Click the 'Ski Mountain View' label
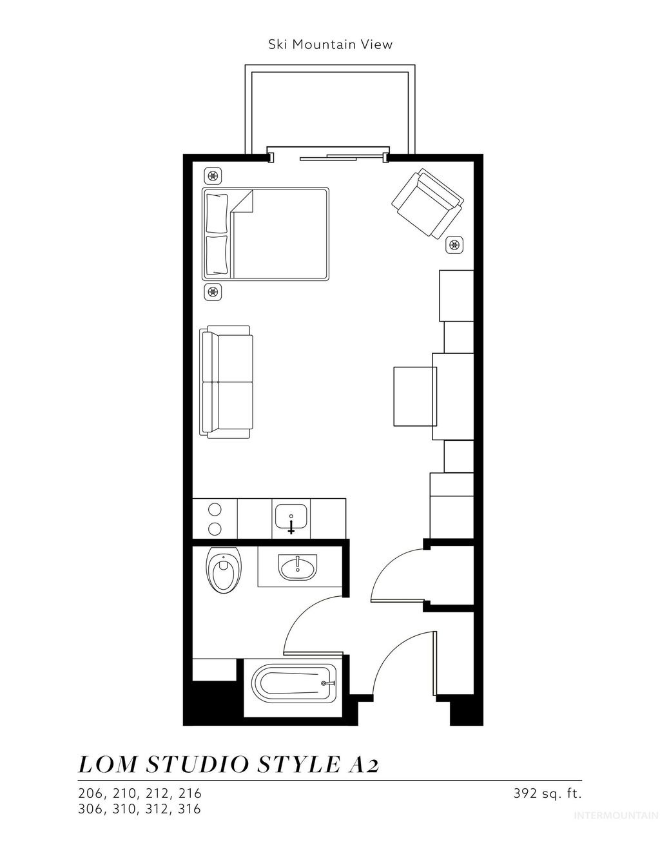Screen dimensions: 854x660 tap(330, 44)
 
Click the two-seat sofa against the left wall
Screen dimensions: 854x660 tap(227, 382)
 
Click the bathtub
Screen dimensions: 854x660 tap(294, 686)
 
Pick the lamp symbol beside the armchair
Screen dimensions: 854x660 tap(455, 244)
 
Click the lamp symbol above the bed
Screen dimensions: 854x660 tap(213, 175)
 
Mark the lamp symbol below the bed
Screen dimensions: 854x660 tap(213, 291)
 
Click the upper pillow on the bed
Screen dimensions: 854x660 tap(217, 211)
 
